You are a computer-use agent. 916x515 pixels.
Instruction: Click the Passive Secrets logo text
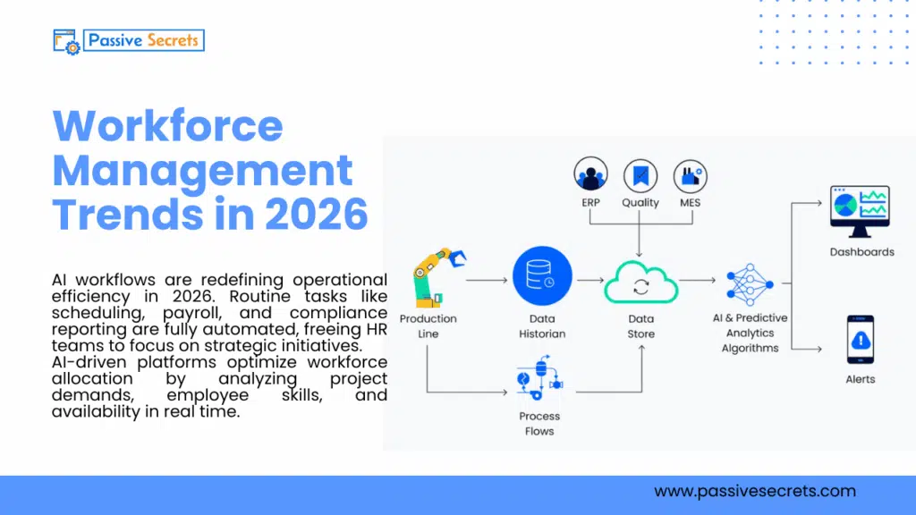click(143, 40)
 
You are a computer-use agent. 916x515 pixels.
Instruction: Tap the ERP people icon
click(590, 175)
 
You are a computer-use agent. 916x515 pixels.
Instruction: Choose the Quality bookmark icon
click(640, 175)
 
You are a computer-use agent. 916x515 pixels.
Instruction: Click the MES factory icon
click(690, 175)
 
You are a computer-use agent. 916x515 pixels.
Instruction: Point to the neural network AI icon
click(750, 285)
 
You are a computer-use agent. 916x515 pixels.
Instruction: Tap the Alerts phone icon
click(860, 340)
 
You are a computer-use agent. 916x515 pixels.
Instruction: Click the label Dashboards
click(861, 252)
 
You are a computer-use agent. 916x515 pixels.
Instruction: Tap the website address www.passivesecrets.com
click(754, 491)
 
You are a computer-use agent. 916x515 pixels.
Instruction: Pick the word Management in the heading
click(203, 170)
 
